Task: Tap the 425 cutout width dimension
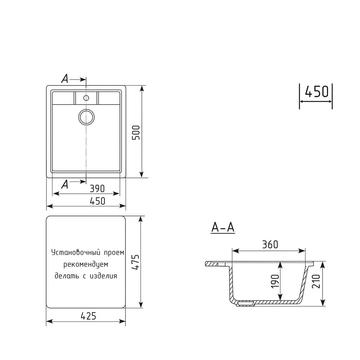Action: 88,316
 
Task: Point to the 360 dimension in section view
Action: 270,245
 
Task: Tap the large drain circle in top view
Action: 86,117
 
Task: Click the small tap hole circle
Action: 86,98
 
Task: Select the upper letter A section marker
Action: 65,78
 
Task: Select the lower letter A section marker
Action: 65,184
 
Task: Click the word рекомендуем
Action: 86,265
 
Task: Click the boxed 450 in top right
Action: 316,92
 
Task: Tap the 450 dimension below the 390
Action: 98,201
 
